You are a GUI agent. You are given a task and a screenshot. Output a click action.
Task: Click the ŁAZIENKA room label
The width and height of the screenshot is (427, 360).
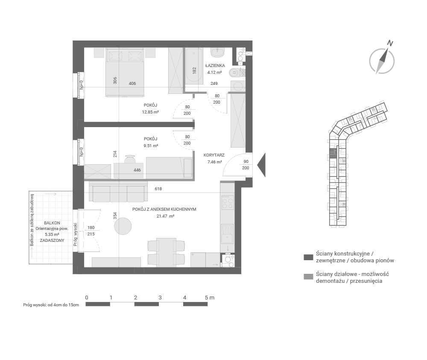click(215, 66)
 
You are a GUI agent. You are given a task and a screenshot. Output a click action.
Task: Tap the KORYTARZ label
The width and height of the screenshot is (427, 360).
click(214, 155)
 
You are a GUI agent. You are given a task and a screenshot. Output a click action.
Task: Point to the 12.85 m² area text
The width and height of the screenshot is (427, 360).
click(150, 112)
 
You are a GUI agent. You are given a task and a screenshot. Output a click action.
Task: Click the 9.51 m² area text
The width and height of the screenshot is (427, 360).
click(151, 145)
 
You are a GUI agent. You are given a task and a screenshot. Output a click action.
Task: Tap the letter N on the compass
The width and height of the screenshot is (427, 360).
click(390, 43)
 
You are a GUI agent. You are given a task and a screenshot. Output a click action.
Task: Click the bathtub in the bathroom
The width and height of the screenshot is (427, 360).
click(194, 66)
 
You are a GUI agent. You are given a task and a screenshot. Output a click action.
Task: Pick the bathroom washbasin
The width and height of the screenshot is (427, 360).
click(218, 53)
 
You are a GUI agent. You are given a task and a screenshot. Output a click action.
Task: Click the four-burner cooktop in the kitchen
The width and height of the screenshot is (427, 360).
click(228, 203)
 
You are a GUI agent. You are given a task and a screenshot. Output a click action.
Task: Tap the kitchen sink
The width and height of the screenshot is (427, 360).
click(227, 234)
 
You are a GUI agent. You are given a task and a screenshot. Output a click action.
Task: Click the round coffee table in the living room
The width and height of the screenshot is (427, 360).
click(123, 226)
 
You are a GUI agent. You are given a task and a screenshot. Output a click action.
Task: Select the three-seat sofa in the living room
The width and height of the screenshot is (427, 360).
click(118, 192)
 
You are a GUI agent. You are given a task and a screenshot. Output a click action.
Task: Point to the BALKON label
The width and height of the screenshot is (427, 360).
click(52, 223)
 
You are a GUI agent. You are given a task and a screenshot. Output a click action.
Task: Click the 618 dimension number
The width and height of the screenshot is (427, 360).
click(158, 189)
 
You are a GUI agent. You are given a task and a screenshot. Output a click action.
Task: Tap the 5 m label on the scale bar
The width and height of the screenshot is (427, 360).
click(210, 298)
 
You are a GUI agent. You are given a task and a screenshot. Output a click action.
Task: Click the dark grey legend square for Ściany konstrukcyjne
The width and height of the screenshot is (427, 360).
click(308, 257)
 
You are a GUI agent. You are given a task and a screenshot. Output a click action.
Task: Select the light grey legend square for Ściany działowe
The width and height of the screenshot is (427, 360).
click(308, 277)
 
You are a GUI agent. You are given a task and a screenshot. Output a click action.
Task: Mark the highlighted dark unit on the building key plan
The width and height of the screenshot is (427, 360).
click(332, 153)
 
